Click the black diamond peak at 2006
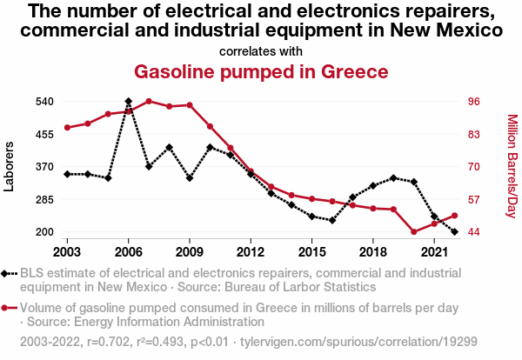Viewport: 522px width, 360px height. [129, 102]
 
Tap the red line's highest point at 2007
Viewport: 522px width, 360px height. [149, 101]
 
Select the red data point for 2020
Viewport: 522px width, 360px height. [414, 232]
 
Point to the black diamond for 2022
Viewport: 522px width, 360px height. [455, 232]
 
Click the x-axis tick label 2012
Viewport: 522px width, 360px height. [251, 251]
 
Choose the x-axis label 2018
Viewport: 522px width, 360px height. [373, 251]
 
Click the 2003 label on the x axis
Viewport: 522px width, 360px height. [67, 251]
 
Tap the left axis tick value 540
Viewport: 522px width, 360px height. [45, 102]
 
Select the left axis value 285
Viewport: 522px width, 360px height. [45, 199]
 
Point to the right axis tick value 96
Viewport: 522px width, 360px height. [474, 102]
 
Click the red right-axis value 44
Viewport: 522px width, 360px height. [474, 232]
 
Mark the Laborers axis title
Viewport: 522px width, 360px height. [10, 166]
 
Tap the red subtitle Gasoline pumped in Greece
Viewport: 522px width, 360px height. [261, 70]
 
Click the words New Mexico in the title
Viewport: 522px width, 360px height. [443, 30]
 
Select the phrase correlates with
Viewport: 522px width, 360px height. [261, 50]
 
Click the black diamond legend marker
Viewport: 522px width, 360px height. [8, 273]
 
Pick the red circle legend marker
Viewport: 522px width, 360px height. [8, 308]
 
